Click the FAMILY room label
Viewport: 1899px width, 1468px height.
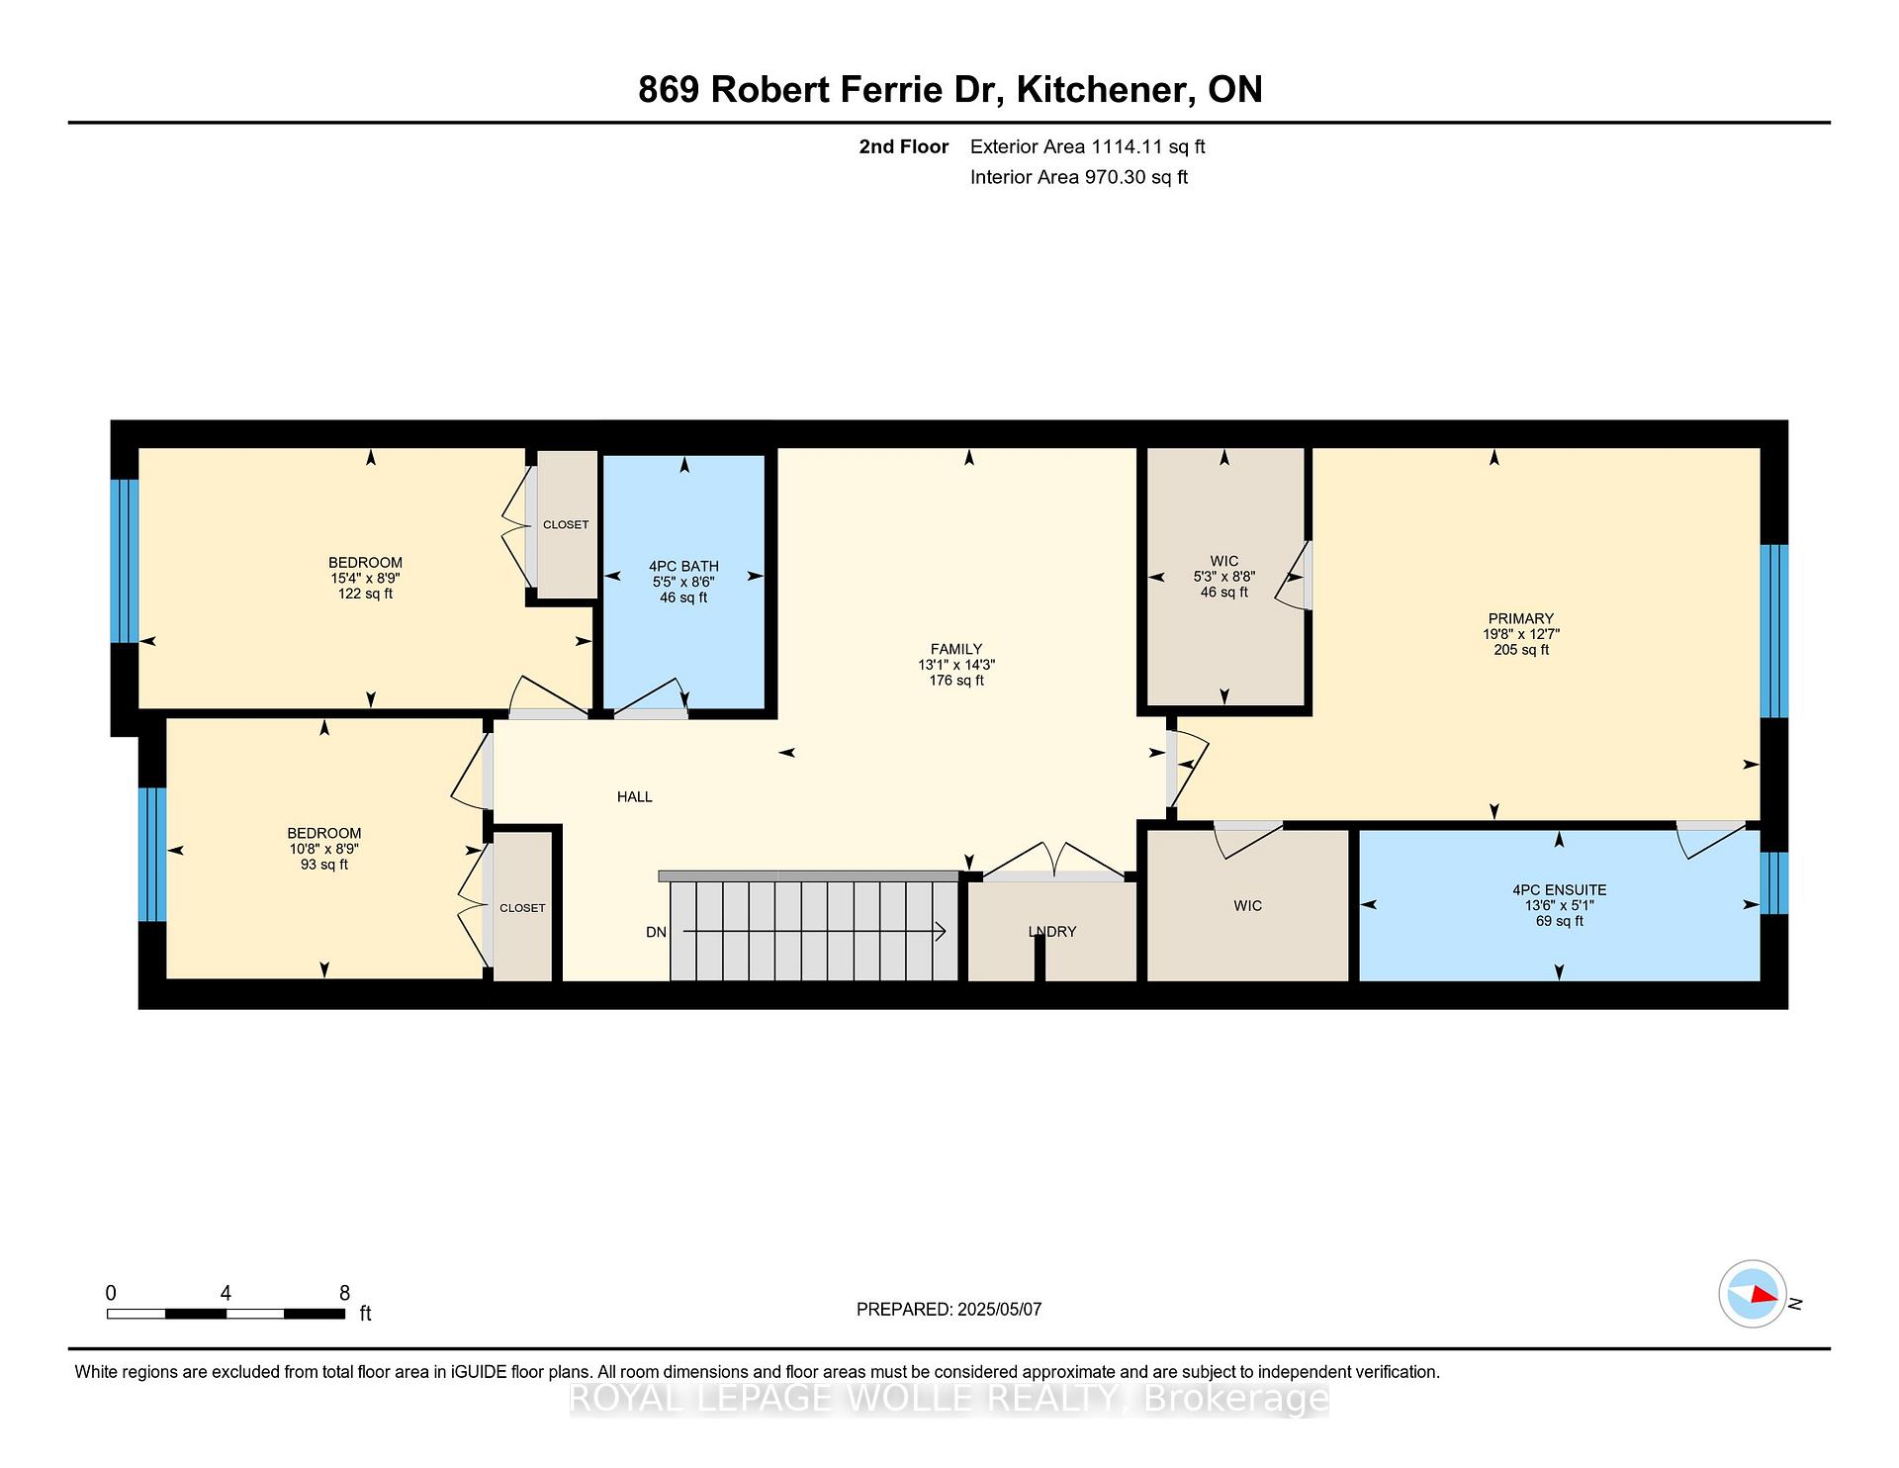956,650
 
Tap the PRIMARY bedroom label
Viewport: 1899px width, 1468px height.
1521,619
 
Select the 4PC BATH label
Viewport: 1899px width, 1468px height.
683,567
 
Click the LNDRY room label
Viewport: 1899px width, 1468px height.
1052,932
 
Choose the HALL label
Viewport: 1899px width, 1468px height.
635,797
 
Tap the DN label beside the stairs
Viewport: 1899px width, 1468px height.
656,932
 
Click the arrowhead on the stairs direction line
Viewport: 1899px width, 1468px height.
942,932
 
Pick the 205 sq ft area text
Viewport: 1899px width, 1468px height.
1521,650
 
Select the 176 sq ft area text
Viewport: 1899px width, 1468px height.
956,681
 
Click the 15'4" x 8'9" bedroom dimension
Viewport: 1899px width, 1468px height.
366,579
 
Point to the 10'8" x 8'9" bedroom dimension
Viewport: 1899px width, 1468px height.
324,849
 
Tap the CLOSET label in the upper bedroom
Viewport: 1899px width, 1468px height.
566,525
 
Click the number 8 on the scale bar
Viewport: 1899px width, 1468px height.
344,1293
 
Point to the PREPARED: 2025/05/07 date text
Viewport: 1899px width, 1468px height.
949,1310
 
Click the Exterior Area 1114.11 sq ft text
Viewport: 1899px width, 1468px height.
1088,147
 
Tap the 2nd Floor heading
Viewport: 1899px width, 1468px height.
904,147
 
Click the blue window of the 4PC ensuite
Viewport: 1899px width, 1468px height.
1774,883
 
